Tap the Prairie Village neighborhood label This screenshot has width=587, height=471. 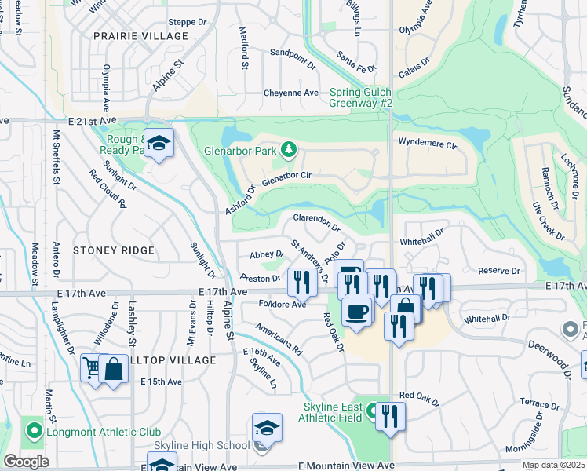(140, 36)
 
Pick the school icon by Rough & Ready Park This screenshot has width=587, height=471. (159, 144)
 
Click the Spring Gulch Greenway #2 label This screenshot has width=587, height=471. (361, 98)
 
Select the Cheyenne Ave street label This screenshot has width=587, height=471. (290, 93)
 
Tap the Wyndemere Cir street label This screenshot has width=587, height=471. (427, 144)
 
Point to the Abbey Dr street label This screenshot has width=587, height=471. (266, 254)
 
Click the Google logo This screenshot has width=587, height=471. (26, 462)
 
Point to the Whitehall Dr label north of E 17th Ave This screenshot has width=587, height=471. (421, 232)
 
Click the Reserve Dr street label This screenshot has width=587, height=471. (499, 271)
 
